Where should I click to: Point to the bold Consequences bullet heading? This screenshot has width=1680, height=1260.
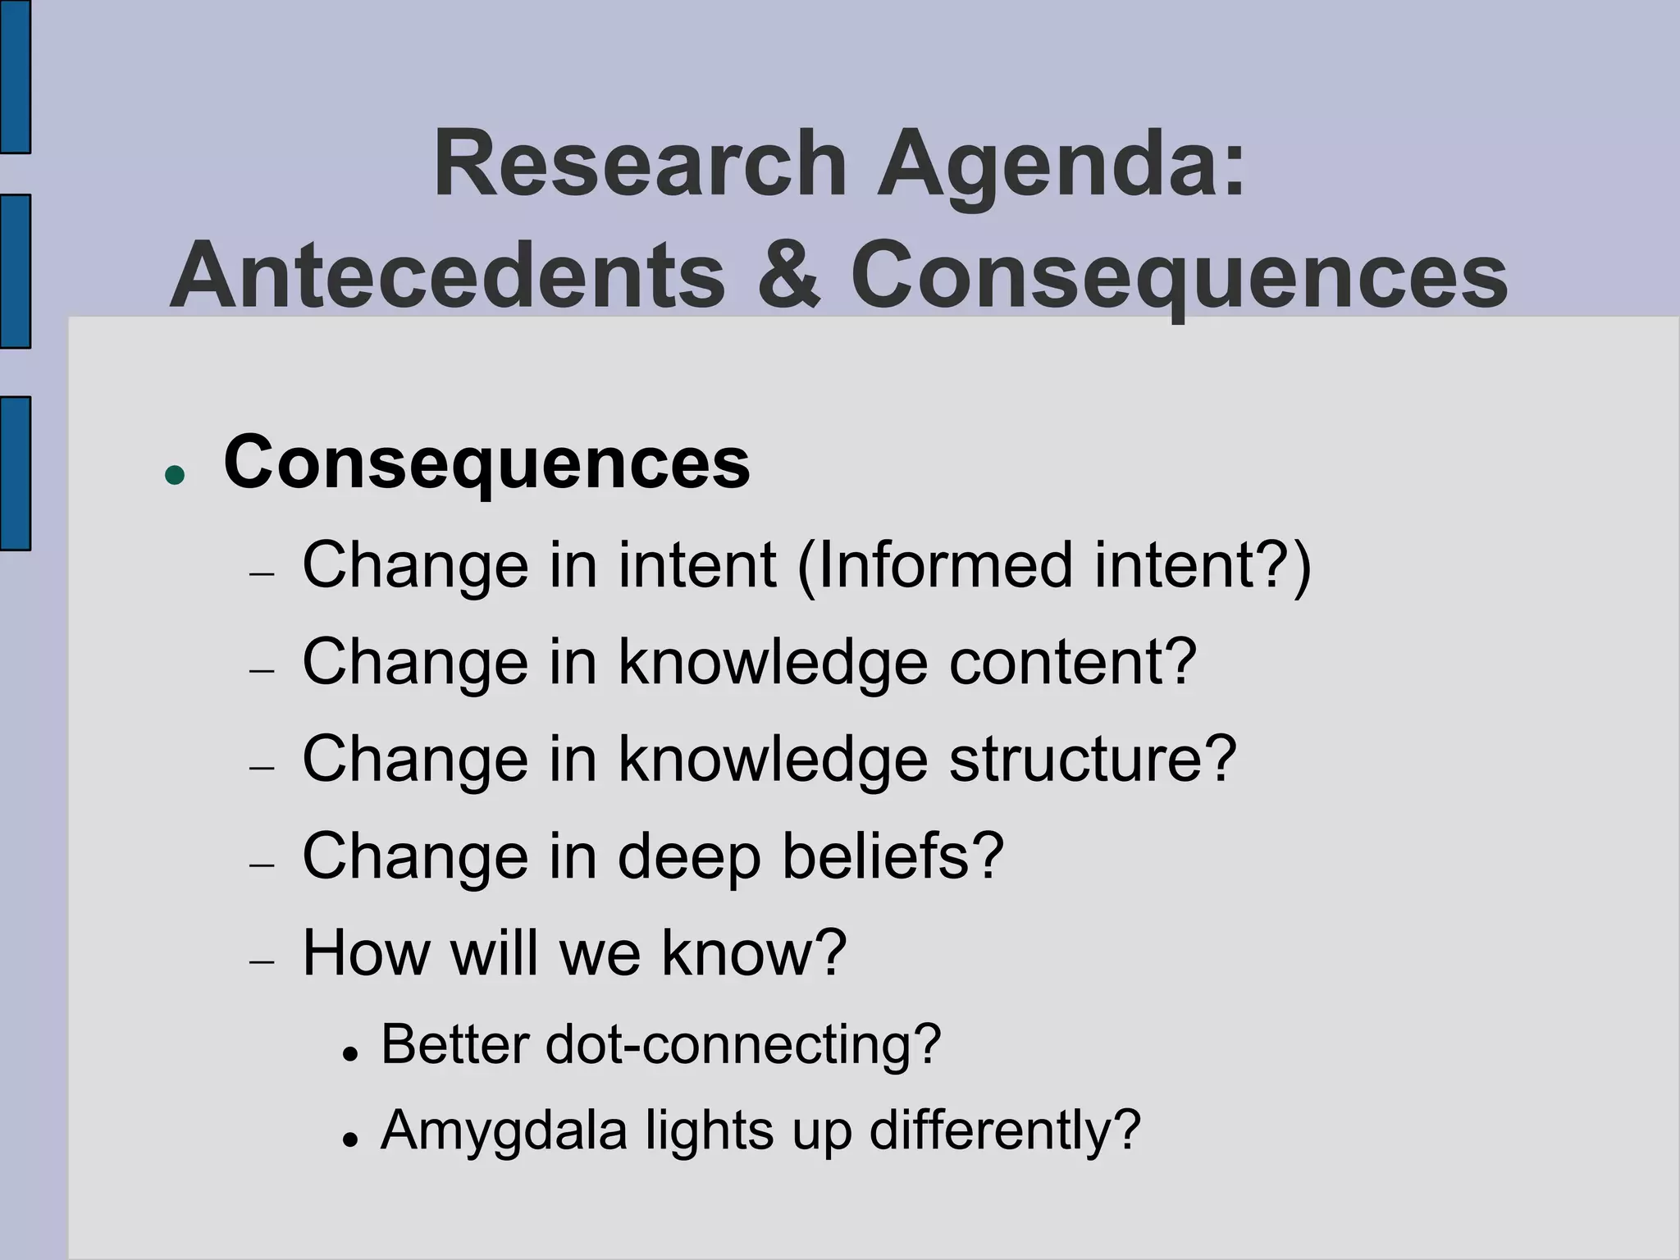[486, 463]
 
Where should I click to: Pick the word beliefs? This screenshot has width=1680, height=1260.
[892, 856]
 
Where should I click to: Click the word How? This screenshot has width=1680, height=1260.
[366, 952]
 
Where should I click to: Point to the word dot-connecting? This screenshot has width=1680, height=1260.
[742, 1045]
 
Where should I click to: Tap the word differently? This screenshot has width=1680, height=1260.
[1005, 1131]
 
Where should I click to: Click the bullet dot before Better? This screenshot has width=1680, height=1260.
[350, 1053]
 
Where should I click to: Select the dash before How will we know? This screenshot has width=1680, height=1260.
[262, 961]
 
